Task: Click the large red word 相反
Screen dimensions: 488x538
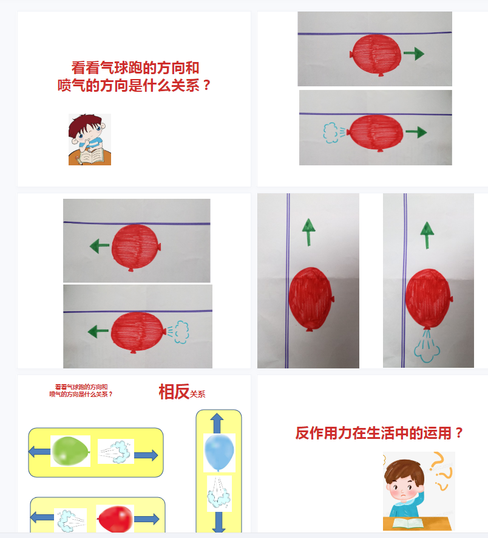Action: pos(174,391)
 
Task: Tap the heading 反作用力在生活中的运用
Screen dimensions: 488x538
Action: pos(373,433)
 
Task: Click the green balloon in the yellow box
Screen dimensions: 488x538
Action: pos(70,451)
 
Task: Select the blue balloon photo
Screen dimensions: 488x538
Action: pos(219,452)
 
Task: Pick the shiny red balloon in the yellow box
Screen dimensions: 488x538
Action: pos(115,519)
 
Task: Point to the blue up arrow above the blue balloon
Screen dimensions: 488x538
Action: pos(217,423)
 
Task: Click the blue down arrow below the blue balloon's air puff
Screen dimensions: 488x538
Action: pos(219,522)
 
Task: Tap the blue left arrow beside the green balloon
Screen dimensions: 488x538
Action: pos(39,452)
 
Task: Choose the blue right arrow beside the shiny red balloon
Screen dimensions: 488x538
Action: pos(146,519)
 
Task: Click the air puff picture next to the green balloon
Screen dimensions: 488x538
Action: pos(116,452)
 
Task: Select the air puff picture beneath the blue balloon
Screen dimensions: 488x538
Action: pos(219,494)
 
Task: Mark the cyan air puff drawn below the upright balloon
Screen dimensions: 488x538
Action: pos(427,347)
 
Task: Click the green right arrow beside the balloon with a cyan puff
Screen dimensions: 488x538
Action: pos(416,132)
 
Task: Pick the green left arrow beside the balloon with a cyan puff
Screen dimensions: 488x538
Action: pos(98,331)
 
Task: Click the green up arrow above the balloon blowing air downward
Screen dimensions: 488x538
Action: pos(427,235)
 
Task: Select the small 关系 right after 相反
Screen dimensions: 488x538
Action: pos(197,395)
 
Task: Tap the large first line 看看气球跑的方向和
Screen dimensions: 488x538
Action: pos(135,67)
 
